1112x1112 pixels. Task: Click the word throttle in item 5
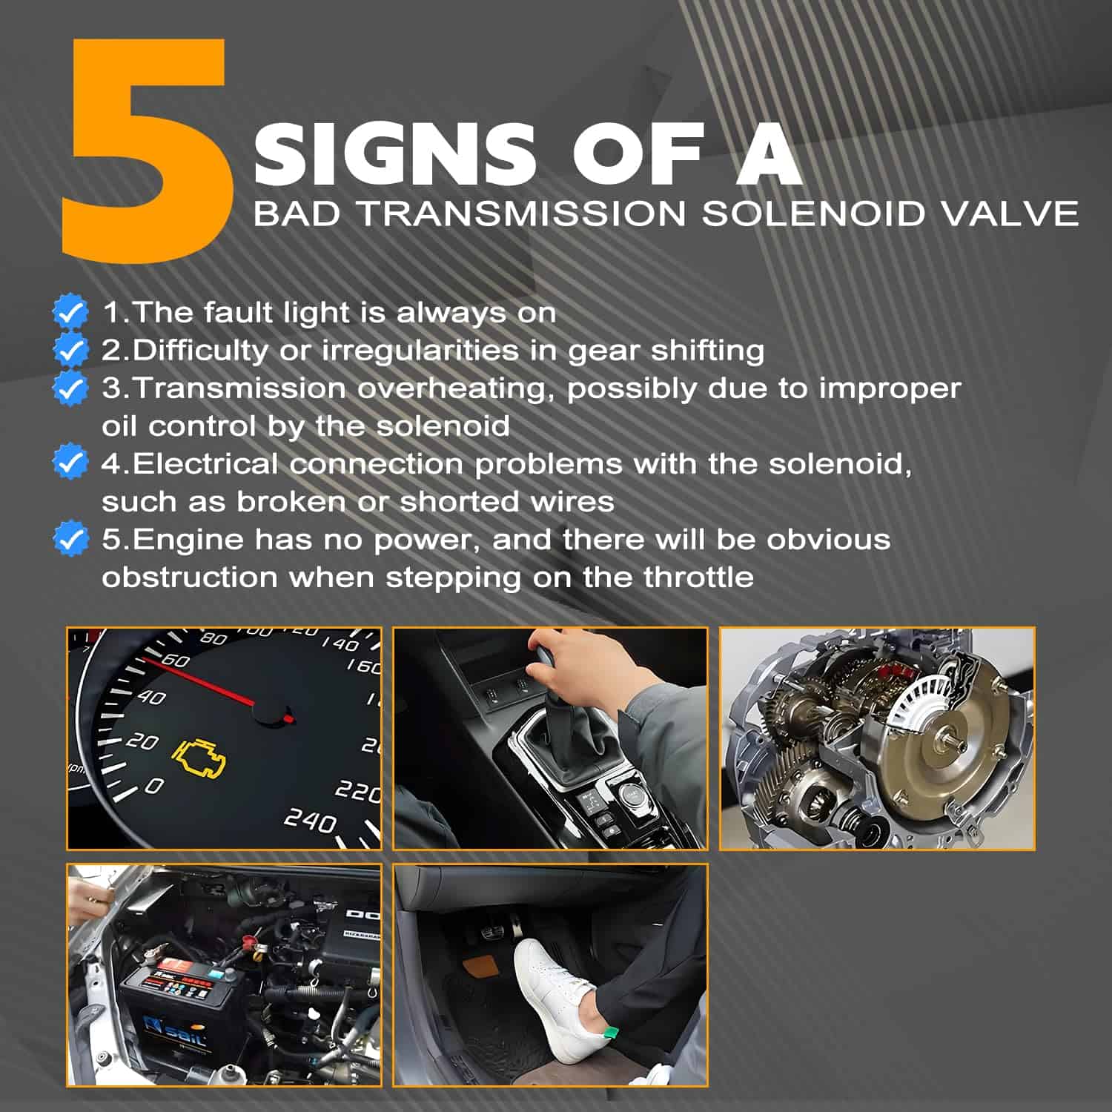[x=698, y=577]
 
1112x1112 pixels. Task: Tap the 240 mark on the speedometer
[x=311, y=821]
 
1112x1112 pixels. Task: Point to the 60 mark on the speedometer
[x=175, y=659]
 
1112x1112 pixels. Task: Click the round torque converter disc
[x=941, y=742]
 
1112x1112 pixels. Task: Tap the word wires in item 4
[x=572, y=502]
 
